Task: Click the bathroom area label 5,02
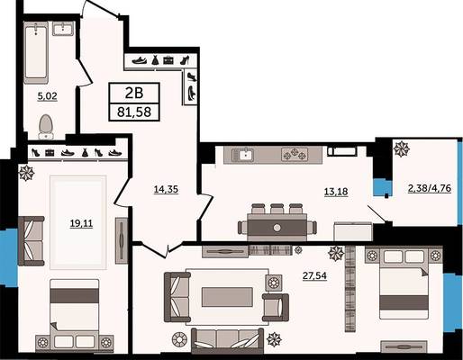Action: coord(47,96)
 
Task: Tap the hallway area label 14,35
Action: coord(166,189)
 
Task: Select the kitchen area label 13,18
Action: coord(336,191)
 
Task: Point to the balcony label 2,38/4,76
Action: coord(430,188)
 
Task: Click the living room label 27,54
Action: coord(314,275)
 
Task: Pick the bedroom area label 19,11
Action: coord(81,223)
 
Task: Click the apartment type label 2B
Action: coord(134,94)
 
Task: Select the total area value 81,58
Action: coord(134,112)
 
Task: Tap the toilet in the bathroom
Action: coord(46,127)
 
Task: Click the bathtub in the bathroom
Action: coord(36,52)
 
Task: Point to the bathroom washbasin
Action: coord(63,29)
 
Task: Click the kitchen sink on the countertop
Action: coord(243,155)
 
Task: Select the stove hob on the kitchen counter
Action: coord(295,155)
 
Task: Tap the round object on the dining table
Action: coord(277,228)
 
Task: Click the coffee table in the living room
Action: coord(227,297)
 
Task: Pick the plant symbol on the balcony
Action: coord(402,149)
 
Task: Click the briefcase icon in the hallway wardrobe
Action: coord(168,60)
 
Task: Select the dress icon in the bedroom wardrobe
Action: coord(85,153)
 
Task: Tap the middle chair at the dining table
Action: coord(277,209)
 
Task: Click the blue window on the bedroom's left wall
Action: coord(8,257)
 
